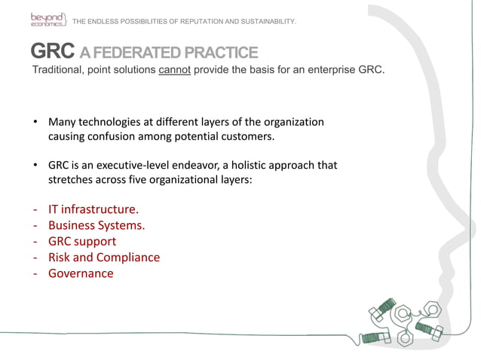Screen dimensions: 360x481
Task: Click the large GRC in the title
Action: point(52,52)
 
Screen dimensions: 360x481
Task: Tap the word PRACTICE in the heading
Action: point(221,53)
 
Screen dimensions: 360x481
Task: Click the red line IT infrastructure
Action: point(93,209)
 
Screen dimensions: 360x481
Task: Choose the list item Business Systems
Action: point(97,224)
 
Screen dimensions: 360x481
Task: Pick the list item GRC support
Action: point(82,241)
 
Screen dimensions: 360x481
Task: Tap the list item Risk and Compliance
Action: point(104,257)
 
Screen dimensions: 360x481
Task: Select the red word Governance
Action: point(81,273)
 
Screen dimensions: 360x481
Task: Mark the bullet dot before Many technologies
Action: point(35,122)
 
